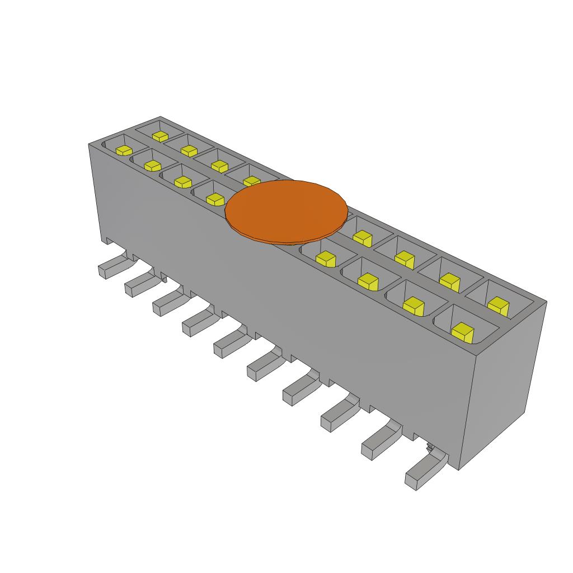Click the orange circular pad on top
pos(286,212)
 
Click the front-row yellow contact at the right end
pos(463,332)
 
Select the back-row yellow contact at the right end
pos(497,305)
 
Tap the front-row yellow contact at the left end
pos(124,150)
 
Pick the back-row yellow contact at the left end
pos(161,136)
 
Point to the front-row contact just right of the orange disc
pos(325,258)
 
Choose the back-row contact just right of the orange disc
pos(363,238)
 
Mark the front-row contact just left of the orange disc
pos(215,199)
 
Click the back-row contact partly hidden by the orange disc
pos(252,181)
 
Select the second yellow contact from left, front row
pos(152,166)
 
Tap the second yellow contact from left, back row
pos(189,151)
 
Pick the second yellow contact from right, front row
pos(414,304)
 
